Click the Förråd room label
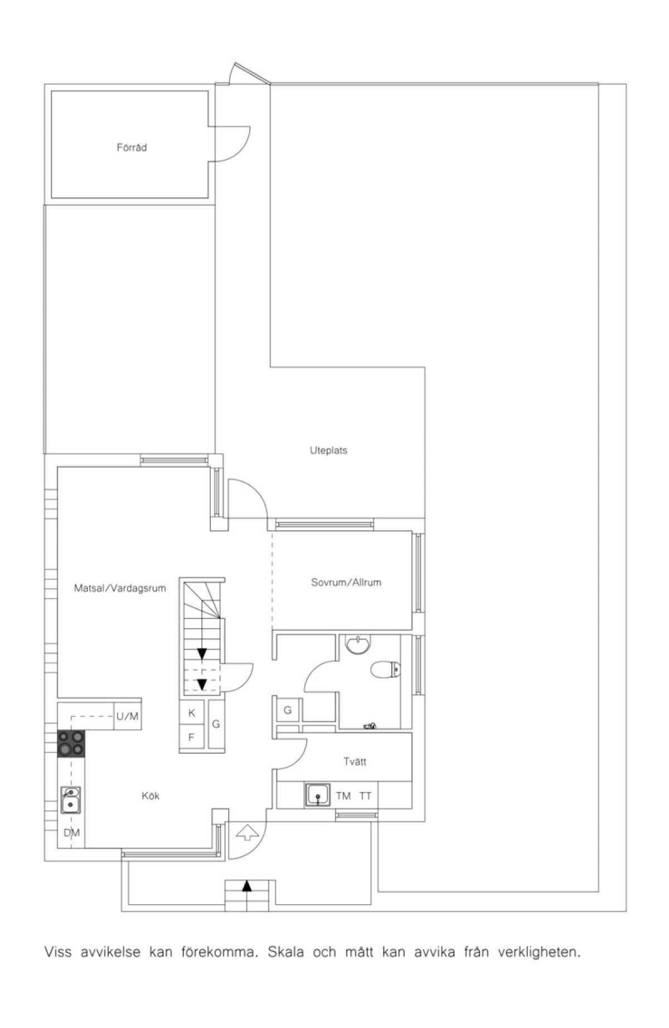pos(132,148)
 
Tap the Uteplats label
pos(328,450)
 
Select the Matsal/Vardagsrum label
pos(120,588)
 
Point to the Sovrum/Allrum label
pos(346,582)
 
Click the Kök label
pos(151,796)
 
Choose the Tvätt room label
pos(355,761)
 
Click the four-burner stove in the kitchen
pos(71,743)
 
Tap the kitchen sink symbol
pos(71,800)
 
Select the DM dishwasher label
pos(71,833)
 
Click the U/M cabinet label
pos(127,716)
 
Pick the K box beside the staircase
pos(192,712)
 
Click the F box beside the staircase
pos(192,738)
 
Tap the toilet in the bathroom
pos(386,668)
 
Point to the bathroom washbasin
pos(357,644)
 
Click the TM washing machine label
pos(343,796)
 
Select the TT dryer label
pos(365,796)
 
